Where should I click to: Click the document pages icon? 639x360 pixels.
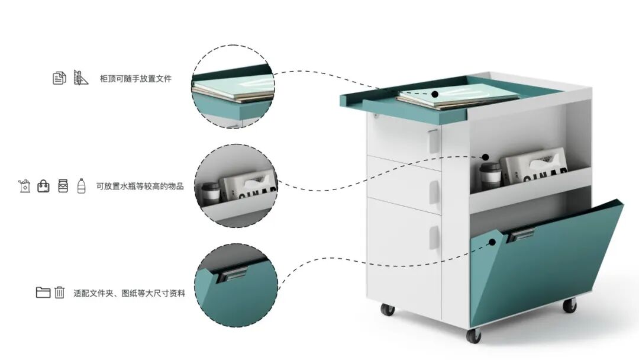tap(59, 78)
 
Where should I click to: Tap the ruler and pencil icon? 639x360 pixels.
tap(80, 78)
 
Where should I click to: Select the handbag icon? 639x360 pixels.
tap(43, 186)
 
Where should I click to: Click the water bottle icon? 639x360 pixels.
tap(82, 186)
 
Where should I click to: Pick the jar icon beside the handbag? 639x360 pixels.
tap(63, 186)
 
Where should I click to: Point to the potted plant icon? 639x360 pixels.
tap(24, 185)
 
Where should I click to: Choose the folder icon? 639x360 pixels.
tap(43, 292)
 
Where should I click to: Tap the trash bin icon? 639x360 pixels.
tap(60, 292)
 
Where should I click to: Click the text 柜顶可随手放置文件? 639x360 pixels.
tap(135, 78)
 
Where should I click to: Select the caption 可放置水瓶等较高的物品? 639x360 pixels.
tap(140, 187)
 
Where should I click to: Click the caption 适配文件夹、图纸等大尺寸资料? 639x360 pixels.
tap(129, 293)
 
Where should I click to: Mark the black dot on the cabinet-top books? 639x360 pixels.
tap(435, 94)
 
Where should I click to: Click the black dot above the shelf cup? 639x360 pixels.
tap(485, 157)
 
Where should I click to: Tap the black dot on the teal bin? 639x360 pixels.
tap(492, 242)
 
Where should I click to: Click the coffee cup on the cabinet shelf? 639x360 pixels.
tap(490, 176)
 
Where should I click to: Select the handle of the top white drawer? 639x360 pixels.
tap(434, 141)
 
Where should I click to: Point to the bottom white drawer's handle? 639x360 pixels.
tap(434, 237)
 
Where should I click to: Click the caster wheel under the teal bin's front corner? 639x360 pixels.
tap(473, 335)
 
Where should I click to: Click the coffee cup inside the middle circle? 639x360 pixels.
tap(211, 193)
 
